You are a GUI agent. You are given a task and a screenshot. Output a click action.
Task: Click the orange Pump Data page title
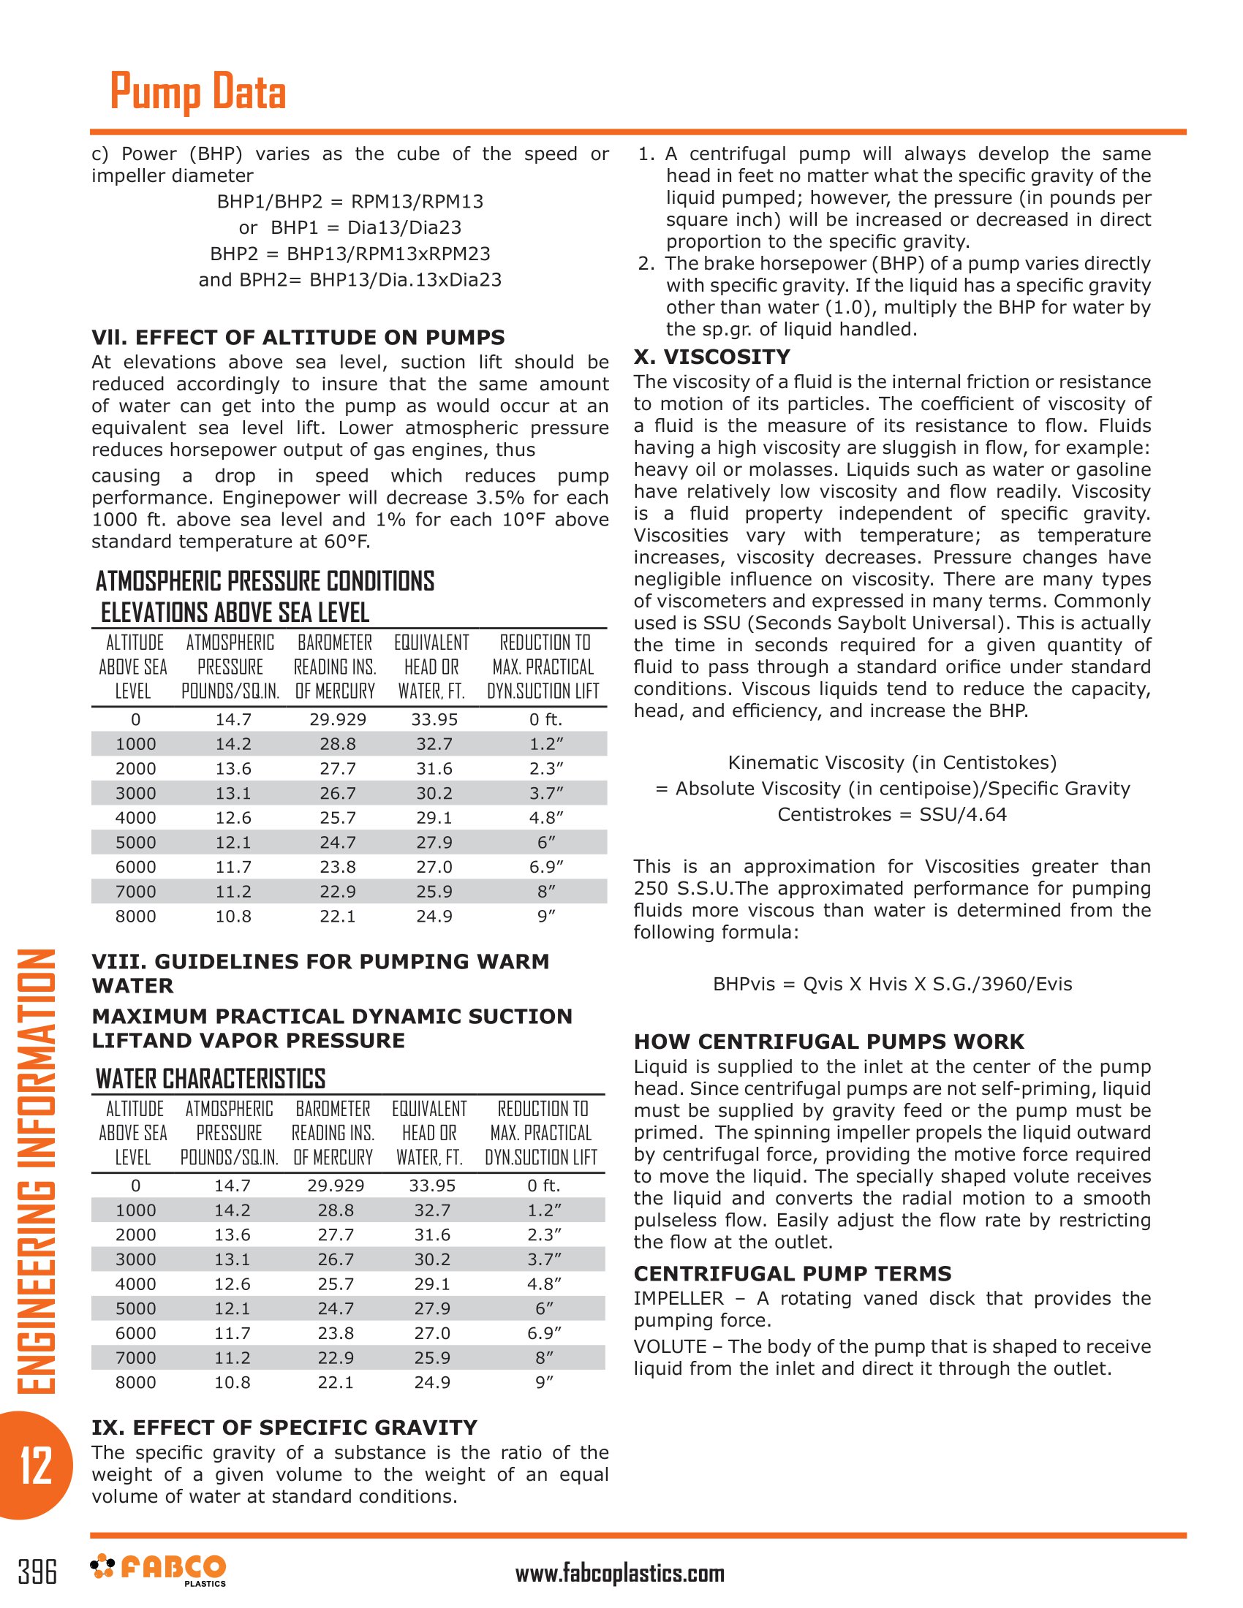[x=197, y=92]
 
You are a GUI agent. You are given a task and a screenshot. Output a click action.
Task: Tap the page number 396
[x=37, y=1572]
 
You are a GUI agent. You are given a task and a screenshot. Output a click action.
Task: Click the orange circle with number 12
[x=35, y=1465]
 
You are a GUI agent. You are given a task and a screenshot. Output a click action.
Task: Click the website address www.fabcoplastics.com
[x=619, y=1574]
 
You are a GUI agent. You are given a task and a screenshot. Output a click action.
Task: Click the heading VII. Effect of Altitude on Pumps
[x=298, y=337]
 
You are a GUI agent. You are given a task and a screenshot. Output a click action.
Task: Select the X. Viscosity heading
[x=711, y=357]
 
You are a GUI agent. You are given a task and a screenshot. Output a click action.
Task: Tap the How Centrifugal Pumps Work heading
[x=828, y=1042]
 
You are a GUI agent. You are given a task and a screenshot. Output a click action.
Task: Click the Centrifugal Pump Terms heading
[x=793, y=1273]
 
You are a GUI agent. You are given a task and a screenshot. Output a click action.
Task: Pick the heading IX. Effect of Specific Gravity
[x=284, y=1427]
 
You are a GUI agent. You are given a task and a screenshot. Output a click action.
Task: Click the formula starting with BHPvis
[x=892, y=984]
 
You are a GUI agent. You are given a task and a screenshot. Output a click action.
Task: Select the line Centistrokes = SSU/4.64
[x=892, y=814]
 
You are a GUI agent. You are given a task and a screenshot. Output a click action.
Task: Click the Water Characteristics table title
[x=211, y=1079]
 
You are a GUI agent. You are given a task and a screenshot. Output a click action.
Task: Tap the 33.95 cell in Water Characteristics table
[x=432, y=1186]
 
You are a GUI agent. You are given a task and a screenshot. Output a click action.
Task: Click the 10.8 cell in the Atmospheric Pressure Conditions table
[x=233, y=916]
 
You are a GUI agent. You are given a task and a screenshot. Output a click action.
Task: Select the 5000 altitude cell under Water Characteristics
[x=135, y=1308]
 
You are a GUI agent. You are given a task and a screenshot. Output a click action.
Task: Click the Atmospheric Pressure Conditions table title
[x=265, y=581]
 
